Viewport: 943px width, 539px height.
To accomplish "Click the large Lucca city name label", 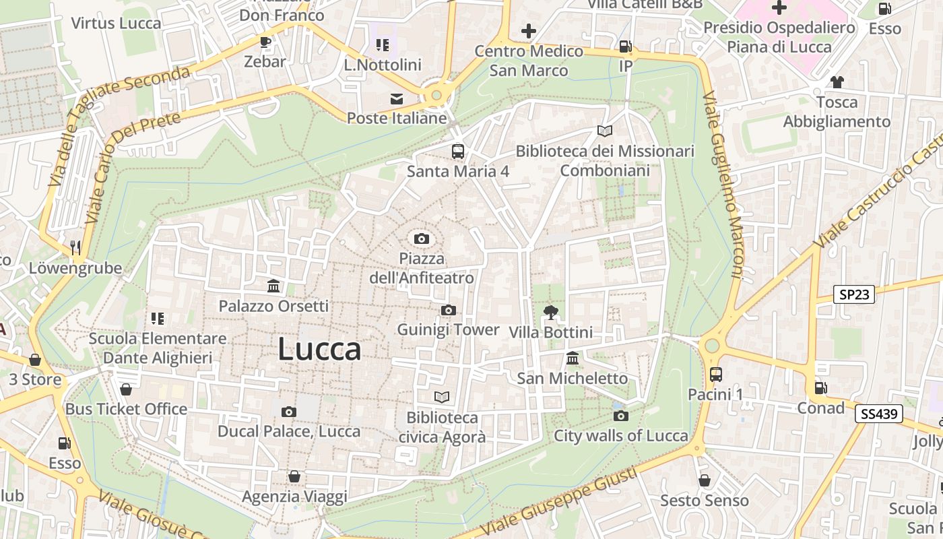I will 319,350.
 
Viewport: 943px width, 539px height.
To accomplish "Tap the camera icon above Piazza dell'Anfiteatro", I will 422,239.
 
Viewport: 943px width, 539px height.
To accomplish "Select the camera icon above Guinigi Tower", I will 448,310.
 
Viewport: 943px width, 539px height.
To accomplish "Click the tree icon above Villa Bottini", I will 551,312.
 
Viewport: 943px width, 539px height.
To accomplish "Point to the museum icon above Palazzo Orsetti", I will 273,286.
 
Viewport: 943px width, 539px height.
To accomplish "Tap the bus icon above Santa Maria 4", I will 458,151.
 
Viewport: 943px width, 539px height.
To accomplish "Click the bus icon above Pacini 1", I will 715,374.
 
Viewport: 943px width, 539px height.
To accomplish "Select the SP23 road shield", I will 853,294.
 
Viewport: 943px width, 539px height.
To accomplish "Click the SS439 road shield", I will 879,414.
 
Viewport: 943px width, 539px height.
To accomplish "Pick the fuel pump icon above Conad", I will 820,388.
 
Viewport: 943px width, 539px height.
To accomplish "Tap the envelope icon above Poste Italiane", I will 397,99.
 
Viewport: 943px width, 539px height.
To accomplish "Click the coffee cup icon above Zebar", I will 265,42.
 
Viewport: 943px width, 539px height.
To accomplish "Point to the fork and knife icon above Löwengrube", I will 75,248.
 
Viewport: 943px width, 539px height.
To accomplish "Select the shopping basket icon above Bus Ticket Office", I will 126,389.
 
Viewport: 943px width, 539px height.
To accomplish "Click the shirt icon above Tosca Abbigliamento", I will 837,82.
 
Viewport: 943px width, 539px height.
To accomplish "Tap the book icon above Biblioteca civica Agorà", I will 442,397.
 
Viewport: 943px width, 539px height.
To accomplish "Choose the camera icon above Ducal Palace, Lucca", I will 289,412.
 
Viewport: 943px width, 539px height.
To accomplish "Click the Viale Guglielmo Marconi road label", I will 723,185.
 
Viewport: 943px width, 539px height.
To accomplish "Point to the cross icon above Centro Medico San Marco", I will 529,31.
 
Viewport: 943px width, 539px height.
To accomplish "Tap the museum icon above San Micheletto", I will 573,358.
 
